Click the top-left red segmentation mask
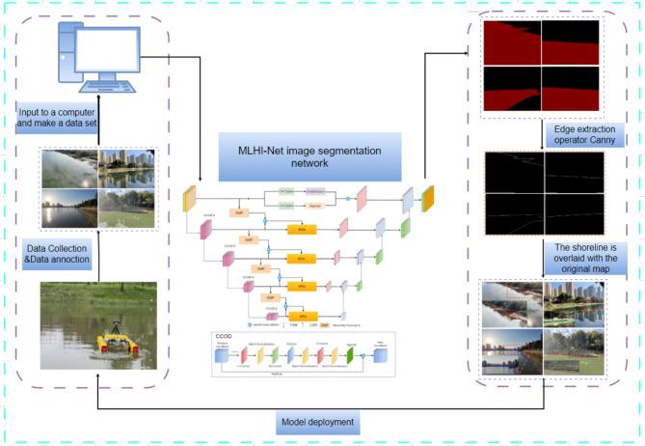(511, 43)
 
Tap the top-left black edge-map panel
(511, 172)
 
